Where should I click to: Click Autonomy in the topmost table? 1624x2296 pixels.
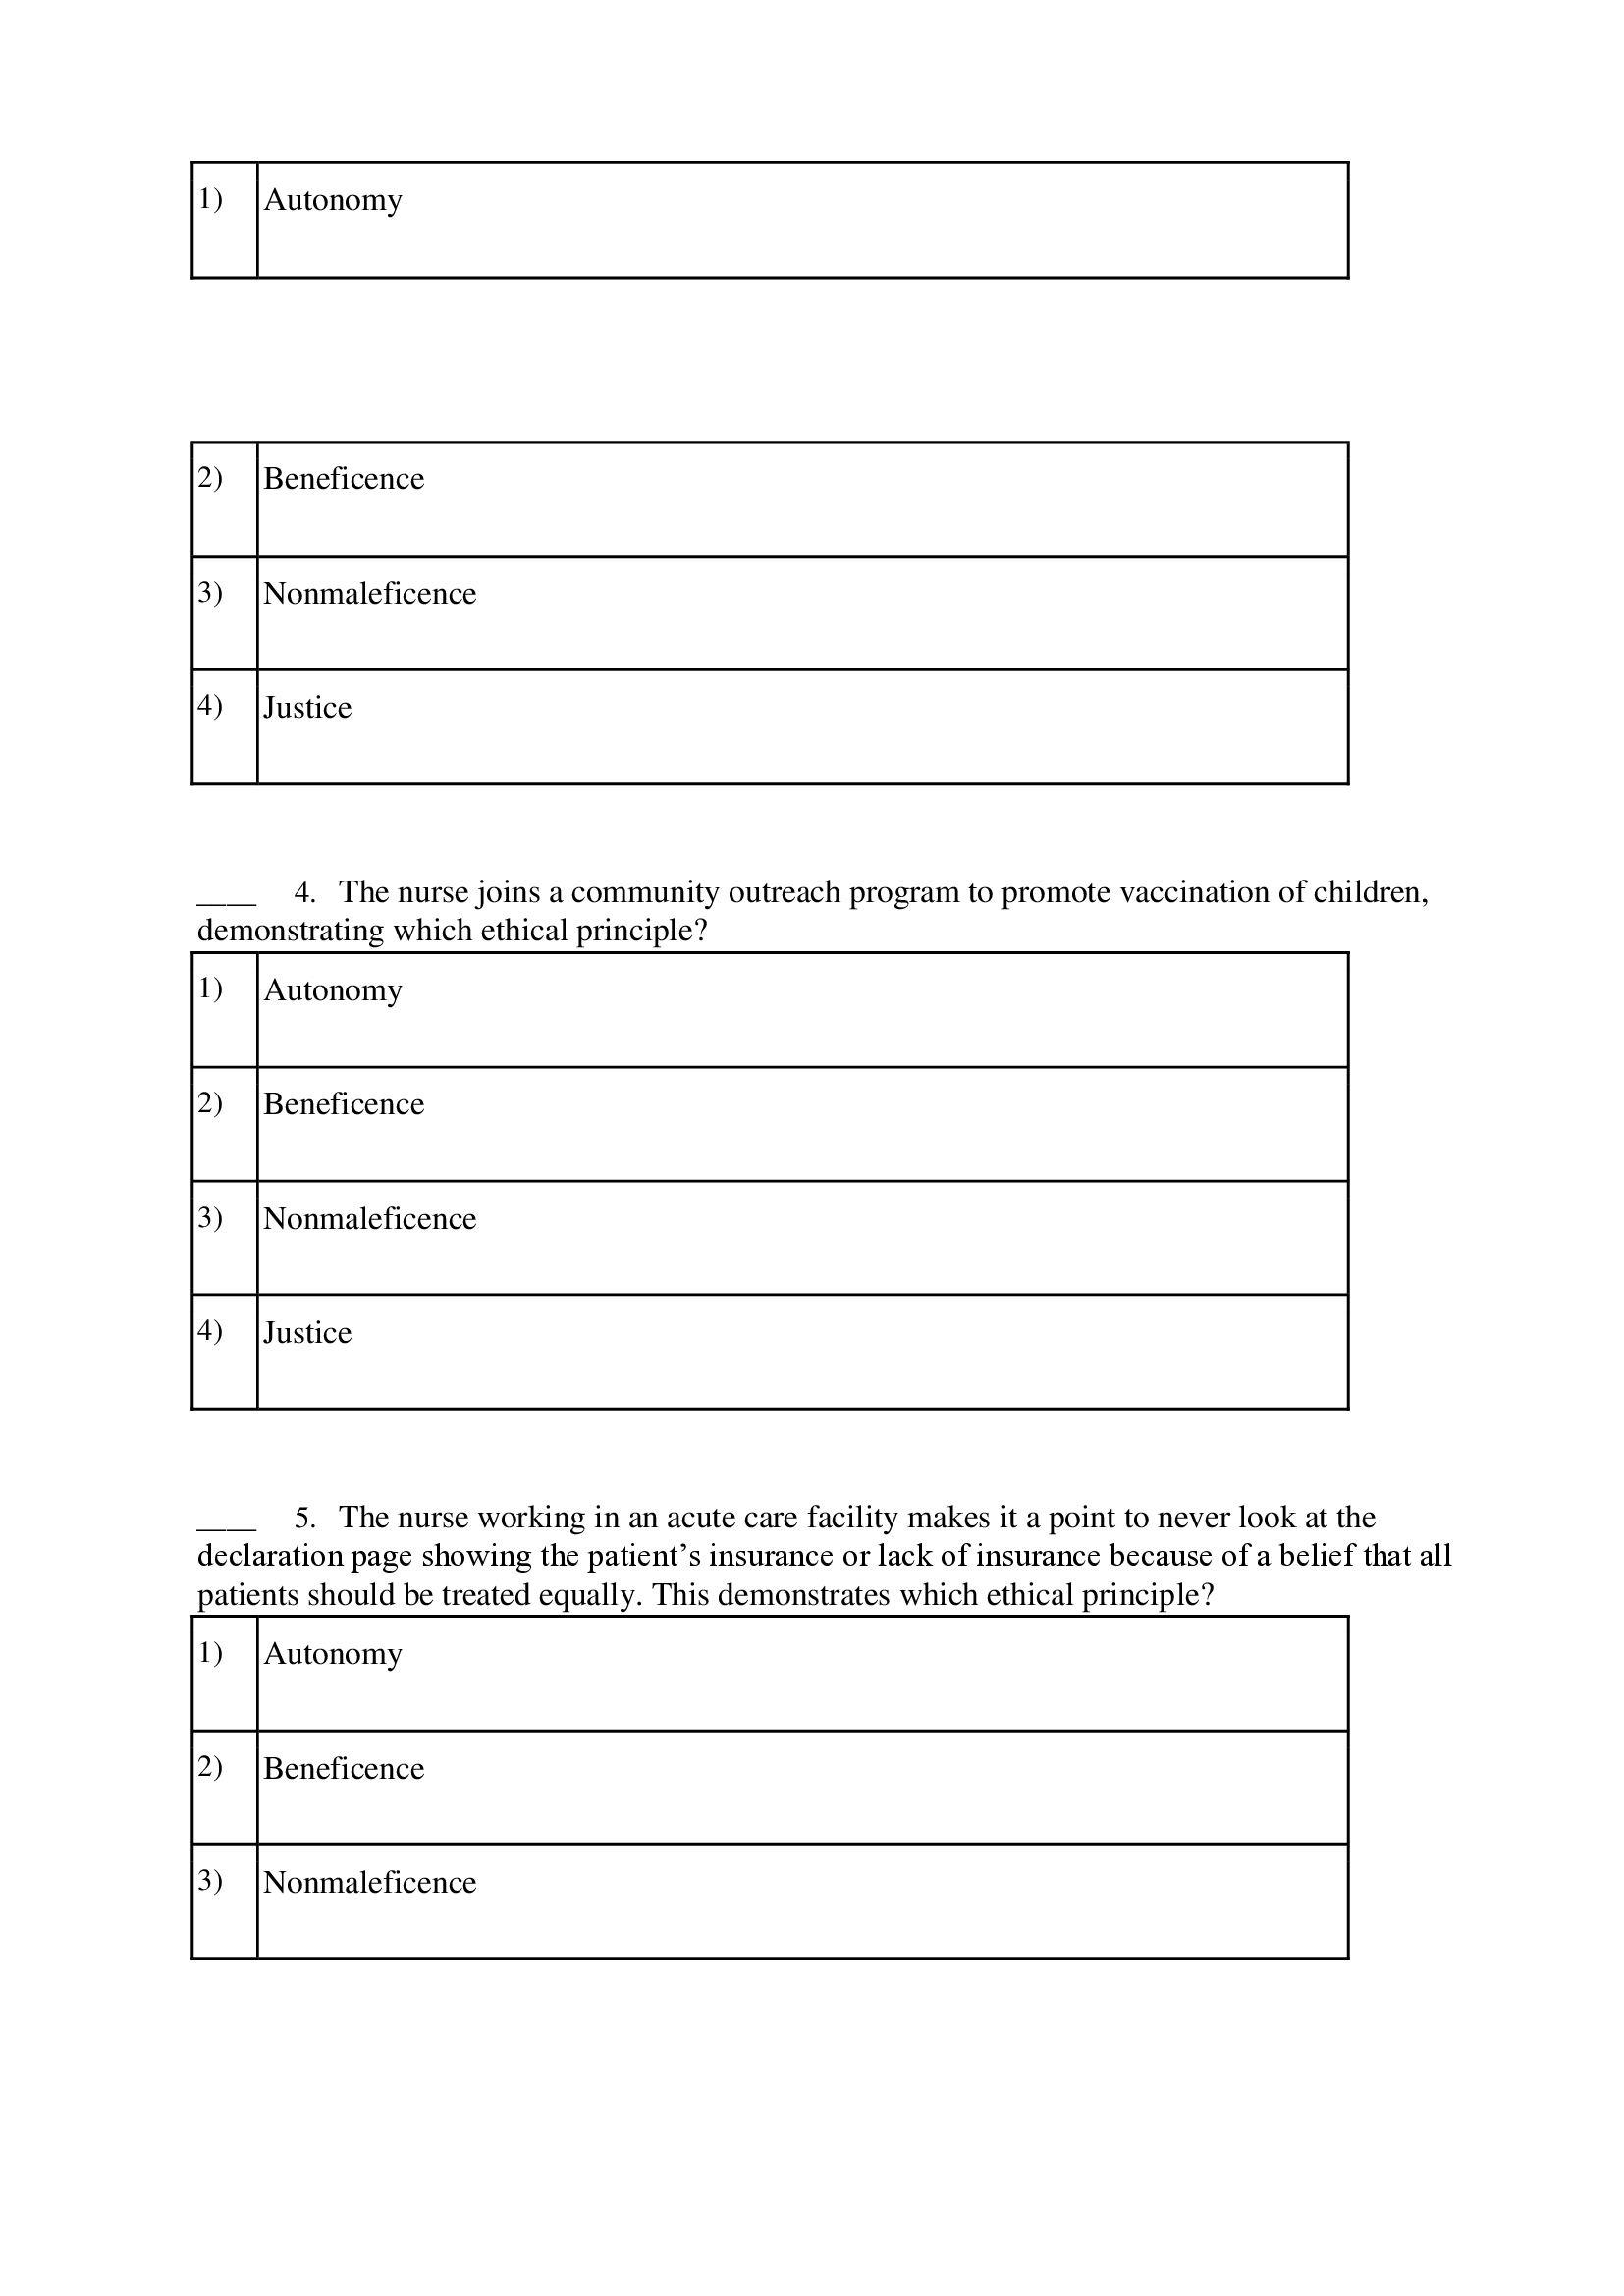tap(332, 200)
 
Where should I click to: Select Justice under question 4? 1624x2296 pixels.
tap(307, 1333)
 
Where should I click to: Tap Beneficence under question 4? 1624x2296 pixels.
tap(343, 1104)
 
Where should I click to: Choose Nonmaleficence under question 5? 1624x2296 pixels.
tap(369, 1882)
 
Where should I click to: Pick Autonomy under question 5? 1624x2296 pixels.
tap(332, 1654)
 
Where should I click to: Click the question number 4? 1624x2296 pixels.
tap(305, 892)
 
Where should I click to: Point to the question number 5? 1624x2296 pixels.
tap(305, 1518)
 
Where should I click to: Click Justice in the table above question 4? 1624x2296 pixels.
tap(307, 708)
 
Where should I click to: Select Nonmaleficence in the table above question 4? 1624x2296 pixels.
tap(369, 594)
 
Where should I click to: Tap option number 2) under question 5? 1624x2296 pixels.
tap(210, 1767)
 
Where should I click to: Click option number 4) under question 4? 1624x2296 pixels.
tap(210, 1331)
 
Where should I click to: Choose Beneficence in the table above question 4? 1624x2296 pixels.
tap(343, 479)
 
